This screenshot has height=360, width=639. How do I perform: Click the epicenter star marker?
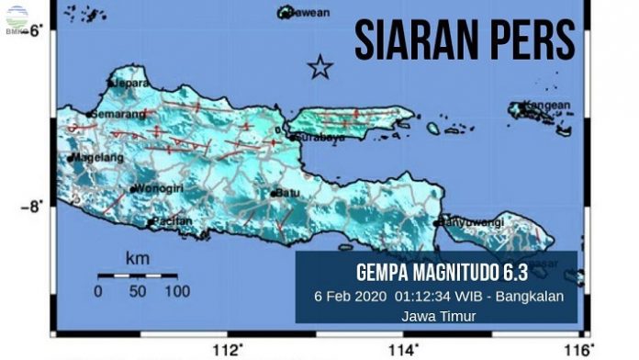click(x=319, y=67)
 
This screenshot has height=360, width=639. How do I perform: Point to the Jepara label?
click(x=132, y=83)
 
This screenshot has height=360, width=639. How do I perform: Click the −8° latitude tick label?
click(x=34, y=207)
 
